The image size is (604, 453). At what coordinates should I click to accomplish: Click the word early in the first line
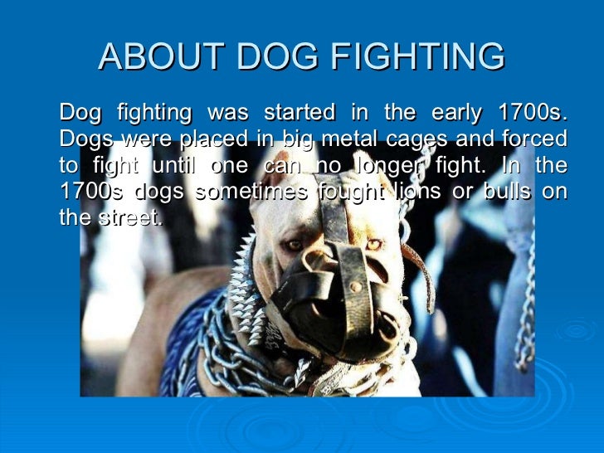459,111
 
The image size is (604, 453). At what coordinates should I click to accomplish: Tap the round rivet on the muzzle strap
356,287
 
